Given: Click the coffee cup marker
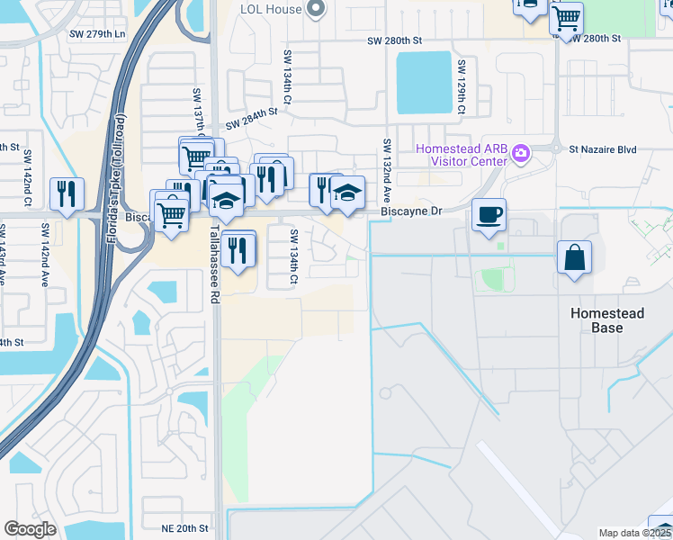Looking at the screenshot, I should [489, 216].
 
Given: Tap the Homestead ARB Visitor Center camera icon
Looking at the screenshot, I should [520, 155].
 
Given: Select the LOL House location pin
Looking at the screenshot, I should [315, 9].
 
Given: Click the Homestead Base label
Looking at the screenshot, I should [608, 320].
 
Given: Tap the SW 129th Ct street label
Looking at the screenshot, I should [461, 87].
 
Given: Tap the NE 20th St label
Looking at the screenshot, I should [185, 528].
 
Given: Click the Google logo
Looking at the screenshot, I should [30, 529].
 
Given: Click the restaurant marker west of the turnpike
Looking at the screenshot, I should [67, 193].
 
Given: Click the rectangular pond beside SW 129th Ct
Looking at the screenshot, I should [424, 82].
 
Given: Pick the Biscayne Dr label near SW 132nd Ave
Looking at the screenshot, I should [411, 211].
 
